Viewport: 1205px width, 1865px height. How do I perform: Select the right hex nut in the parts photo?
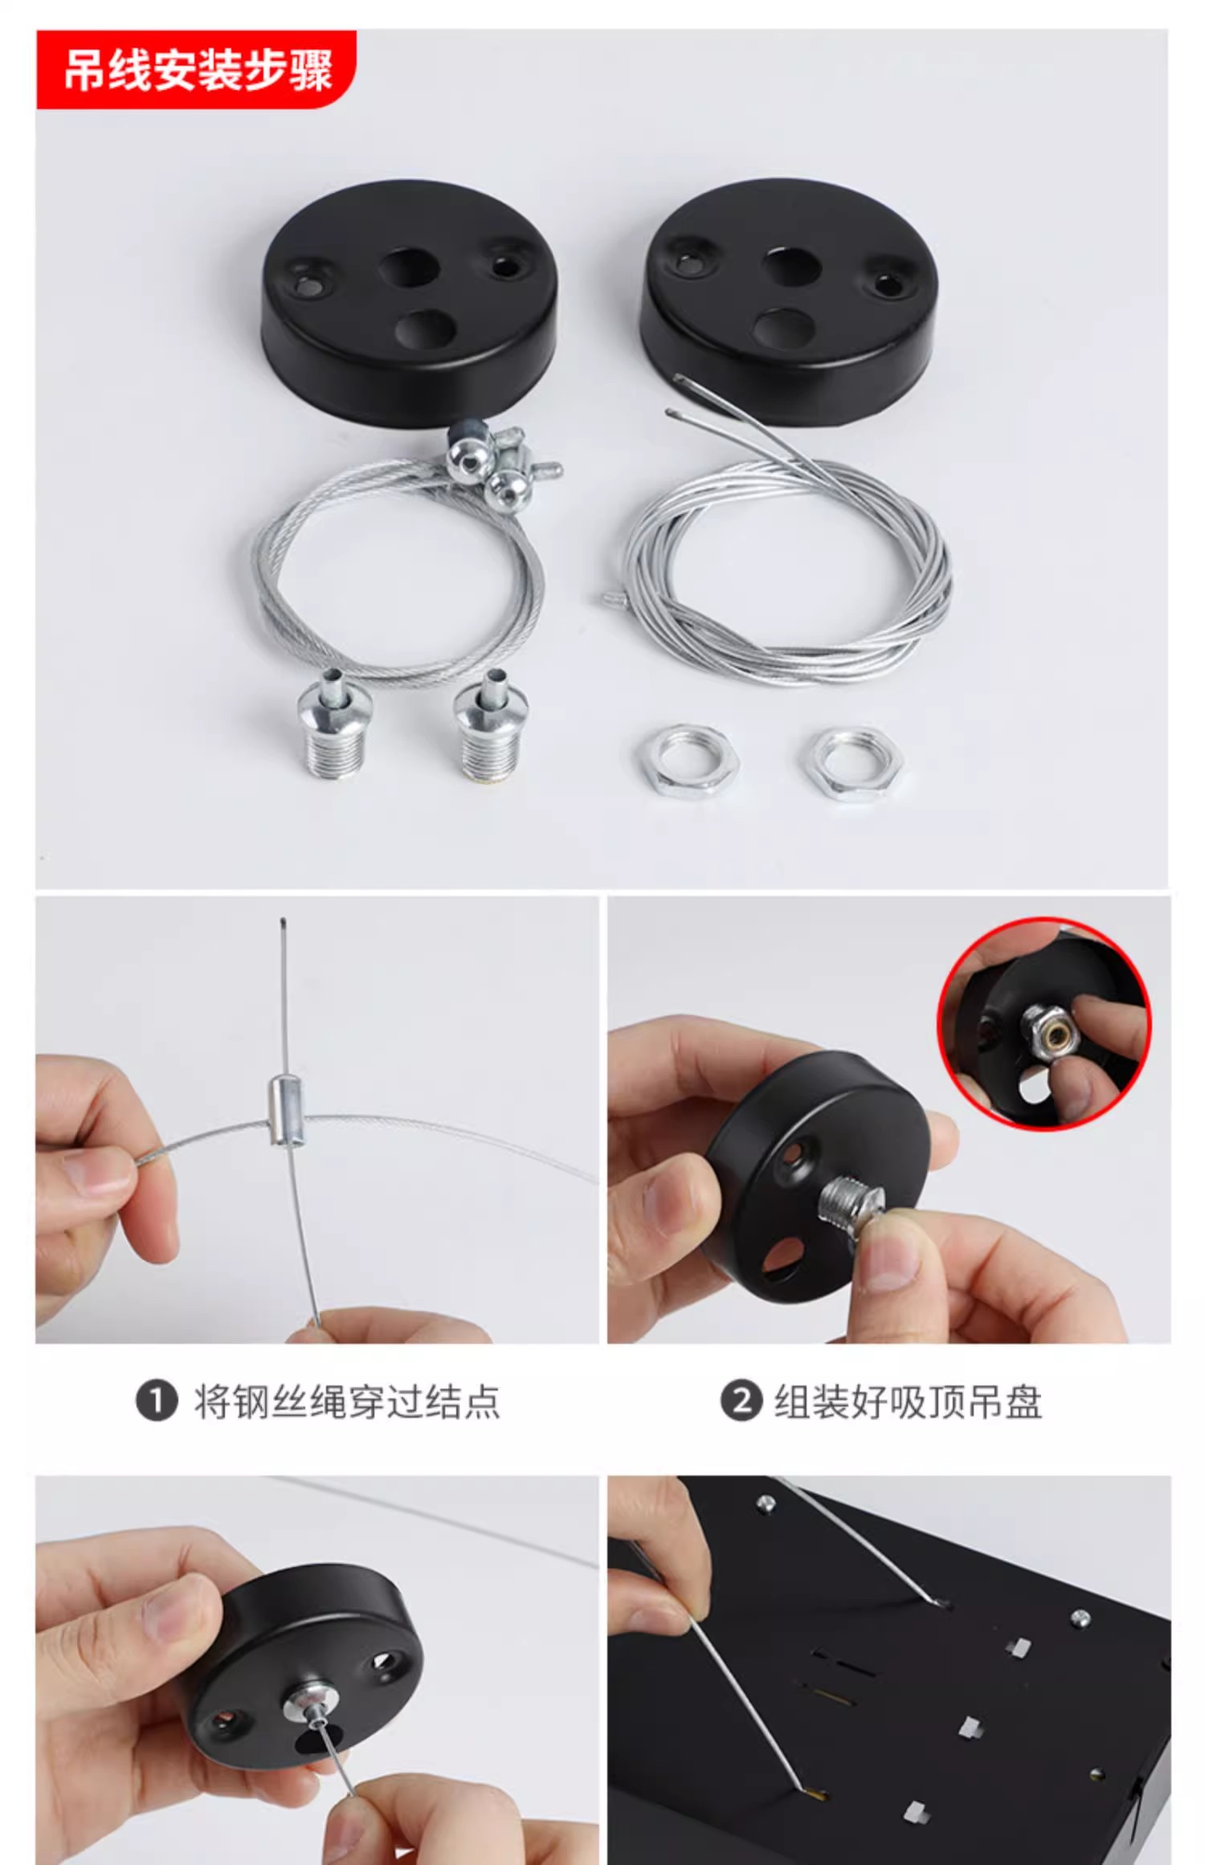click(852, 761)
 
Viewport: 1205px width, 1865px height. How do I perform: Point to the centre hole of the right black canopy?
click(790, 265)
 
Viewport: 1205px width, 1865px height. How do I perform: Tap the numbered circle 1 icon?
click(156, 1402)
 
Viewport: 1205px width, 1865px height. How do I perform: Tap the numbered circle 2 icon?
click(741, 1402)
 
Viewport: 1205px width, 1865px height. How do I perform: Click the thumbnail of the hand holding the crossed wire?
click(317, 1120)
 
